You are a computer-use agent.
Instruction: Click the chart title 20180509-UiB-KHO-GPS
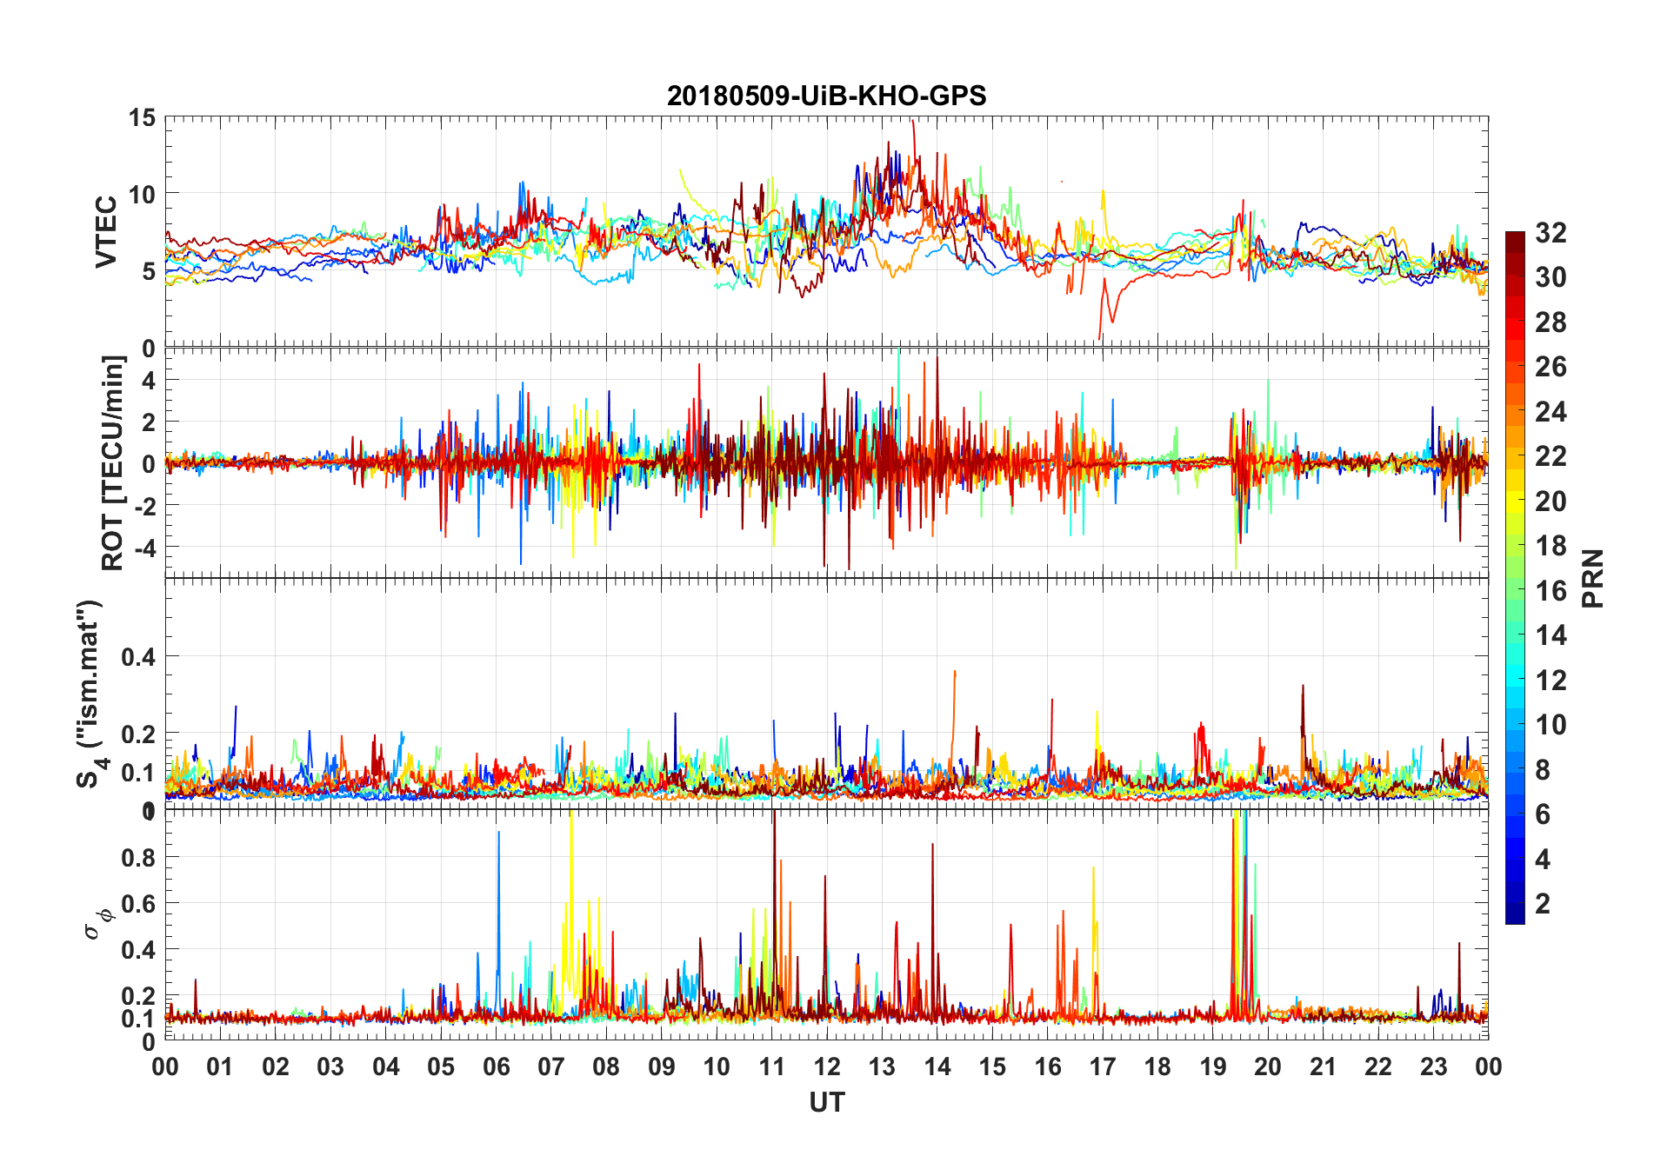[826, 96]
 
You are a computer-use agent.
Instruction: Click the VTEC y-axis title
[106, 232]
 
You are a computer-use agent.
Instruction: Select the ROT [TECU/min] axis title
[113, 462]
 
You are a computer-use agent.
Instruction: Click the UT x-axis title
[826, 1102]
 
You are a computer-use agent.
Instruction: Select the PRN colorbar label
[1592, 578]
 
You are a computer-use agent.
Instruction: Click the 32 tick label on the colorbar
[1551, 232]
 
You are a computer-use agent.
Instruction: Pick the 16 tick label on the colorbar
[1551, 590]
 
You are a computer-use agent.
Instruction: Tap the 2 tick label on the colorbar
[1543, 903]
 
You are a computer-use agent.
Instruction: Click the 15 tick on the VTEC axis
[143, 117]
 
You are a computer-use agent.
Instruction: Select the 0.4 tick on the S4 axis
[138, 656]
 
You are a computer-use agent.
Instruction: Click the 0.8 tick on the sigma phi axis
[138, 857]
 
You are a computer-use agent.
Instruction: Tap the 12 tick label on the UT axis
[827, 1066]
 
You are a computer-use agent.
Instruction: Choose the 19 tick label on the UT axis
[1213, 1066]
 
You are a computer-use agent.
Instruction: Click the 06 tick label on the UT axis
[496, 1066]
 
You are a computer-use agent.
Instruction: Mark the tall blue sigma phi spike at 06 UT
[498, 834]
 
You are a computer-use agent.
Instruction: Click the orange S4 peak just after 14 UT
[955, 673]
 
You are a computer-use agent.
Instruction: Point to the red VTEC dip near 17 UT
[1101, 335]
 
